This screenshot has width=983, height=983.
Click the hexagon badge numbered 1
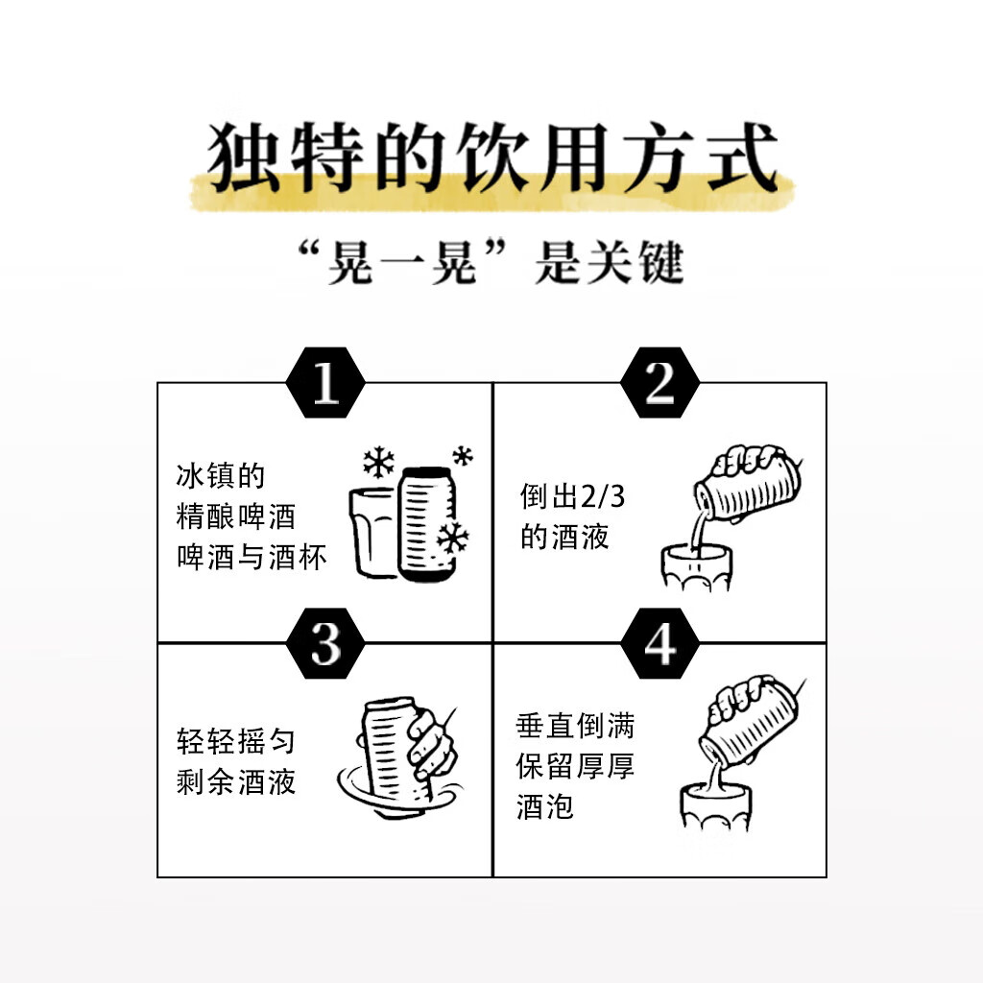tap(325, 384)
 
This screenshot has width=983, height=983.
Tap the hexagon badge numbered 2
tap(660, 384)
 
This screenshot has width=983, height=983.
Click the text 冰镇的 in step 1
tap(220, 476)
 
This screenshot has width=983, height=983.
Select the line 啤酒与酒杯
tap(252, 558)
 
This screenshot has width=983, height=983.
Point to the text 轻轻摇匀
tap(235, 741)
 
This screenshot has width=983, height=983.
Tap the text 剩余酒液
tap(235, 781)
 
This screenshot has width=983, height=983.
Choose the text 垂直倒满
tap(575, 727)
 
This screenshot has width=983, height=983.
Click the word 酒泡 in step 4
tap(544, 807)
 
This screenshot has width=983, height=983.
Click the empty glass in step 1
tap(372, 533)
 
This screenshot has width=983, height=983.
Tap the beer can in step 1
tap(426, 523)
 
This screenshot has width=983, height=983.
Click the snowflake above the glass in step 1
tap(378, 464)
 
